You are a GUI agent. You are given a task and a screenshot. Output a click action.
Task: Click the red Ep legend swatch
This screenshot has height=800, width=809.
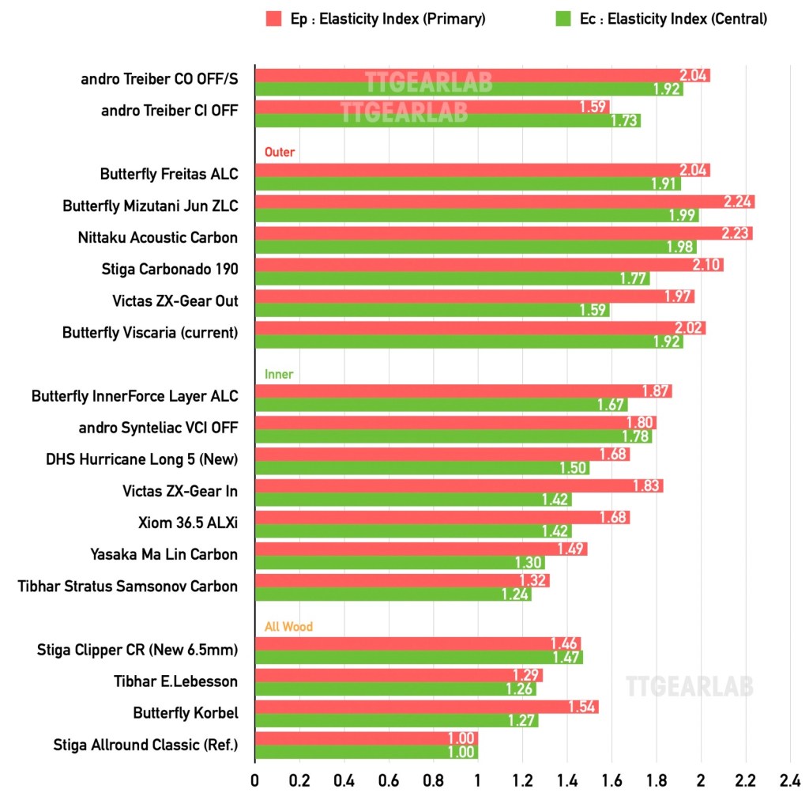pos(273,18)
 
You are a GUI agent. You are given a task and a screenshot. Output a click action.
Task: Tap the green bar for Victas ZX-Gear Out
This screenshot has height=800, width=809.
pos(431,310)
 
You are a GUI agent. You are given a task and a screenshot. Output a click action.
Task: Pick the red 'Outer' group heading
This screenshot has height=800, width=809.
pos(280,152)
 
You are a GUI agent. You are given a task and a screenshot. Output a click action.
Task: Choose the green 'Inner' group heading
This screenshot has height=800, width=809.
pos(279,374)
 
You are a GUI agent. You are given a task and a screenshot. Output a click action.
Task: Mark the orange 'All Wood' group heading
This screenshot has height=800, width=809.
pos(288,627)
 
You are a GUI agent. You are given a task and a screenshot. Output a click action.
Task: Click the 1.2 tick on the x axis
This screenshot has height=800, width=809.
pos(521,780)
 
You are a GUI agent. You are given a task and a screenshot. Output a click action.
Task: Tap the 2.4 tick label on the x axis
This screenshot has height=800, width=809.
pos(789,780)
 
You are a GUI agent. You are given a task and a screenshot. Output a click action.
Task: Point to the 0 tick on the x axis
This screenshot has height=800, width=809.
pos(254,780)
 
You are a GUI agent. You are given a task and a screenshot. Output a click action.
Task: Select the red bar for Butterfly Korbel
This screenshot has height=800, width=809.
pos(426,707)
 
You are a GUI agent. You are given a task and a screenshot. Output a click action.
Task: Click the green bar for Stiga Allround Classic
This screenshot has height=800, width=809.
pos(366,753)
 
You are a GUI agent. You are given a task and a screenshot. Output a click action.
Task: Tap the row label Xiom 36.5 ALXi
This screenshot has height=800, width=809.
pos(187,523)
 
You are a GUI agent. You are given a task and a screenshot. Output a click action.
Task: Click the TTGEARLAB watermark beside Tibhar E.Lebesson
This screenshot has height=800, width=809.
pos(689,686)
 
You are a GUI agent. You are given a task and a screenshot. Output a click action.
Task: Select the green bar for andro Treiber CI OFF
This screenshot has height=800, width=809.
pos(447,120)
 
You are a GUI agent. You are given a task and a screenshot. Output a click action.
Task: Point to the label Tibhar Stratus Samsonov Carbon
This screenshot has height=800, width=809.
pos(127,586)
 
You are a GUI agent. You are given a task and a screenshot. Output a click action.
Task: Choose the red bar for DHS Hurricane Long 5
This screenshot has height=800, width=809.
pos(442,455)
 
